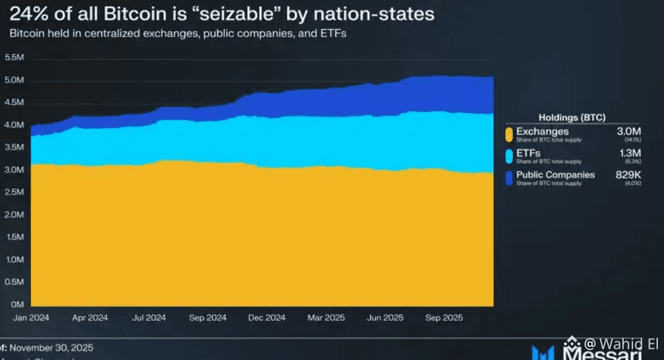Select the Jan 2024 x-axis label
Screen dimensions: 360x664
(x=31, y=318)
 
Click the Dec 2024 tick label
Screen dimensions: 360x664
(x=266, y=318)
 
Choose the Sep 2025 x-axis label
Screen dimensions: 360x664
(x=443, y=318)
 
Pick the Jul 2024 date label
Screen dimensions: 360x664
(x=148, y=318)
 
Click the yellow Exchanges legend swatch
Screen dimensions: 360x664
(x=509, y=134)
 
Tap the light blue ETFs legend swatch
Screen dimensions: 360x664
(x=509, y=156)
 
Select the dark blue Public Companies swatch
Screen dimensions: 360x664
(x=509, y=178)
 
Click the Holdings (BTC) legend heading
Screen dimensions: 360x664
(x=571, y=117)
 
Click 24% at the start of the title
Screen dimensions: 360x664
(x=26, y=14)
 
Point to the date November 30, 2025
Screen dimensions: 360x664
(x=52, y=348)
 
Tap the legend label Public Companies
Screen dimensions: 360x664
(x=555, y=175)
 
